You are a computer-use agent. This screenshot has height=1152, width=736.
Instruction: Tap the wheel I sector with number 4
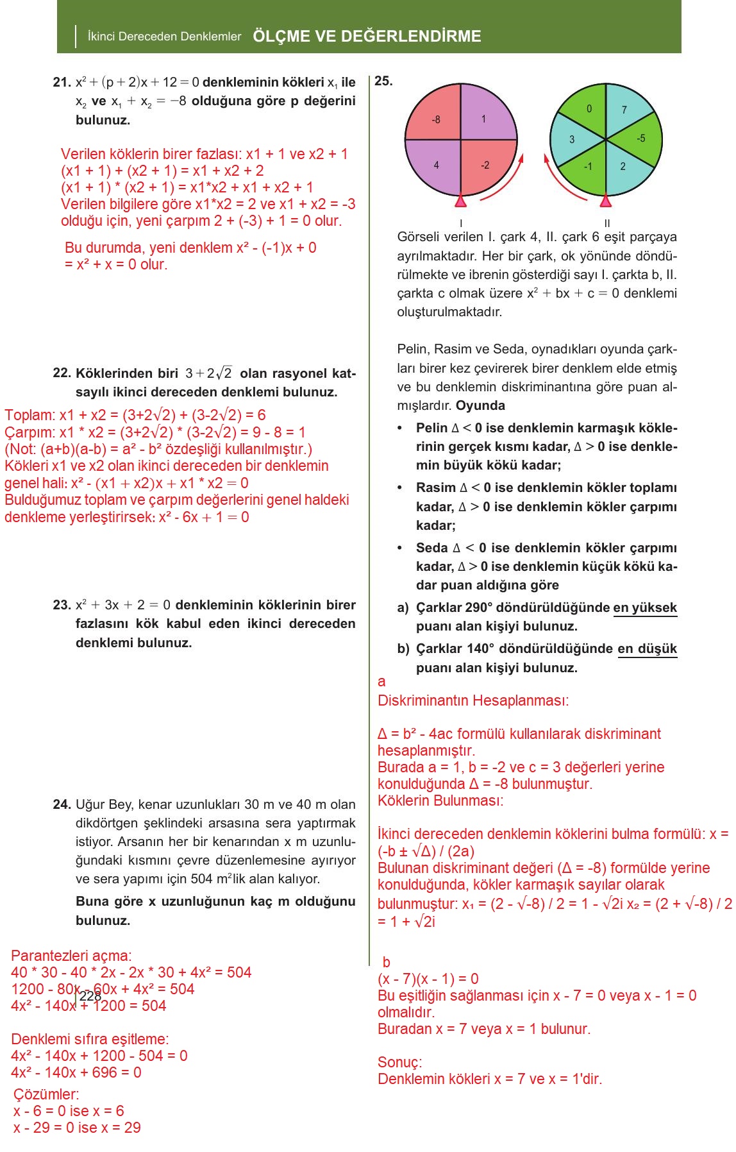coord(435,165)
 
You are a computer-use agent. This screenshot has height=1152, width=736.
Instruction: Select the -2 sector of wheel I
coord(486,165)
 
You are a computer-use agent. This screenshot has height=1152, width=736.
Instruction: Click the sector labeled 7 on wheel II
coord(624,110)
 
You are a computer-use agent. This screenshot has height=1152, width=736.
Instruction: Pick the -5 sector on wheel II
coord(640,139)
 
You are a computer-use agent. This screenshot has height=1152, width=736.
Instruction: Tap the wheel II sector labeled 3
coord(571,139)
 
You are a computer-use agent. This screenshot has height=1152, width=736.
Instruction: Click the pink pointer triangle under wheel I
coord(460,202)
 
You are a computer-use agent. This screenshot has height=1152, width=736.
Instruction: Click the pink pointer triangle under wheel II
coord(605,202)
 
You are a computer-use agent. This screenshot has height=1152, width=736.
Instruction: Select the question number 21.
coord(62,83)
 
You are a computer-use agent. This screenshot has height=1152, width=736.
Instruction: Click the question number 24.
coord(62,804)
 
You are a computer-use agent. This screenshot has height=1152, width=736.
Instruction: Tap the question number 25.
coord(383,81)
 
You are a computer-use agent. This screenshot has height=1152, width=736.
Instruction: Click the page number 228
coord(90,995)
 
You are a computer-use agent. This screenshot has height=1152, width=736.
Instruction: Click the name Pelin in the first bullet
coord(431,428)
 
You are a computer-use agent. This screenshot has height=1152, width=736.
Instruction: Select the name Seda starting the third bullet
coord(431,548)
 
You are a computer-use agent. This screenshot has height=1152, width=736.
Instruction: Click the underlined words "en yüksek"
coord(645,607)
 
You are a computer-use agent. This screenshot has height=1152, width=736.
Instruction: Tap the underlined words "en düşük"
coord(647,648)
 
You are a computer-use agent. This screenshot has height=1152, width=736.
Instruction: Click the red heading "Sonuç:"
coord(399,1062)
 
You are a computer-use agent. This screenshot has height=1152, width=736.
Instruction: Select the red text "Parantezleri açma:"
coord(71,956)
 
